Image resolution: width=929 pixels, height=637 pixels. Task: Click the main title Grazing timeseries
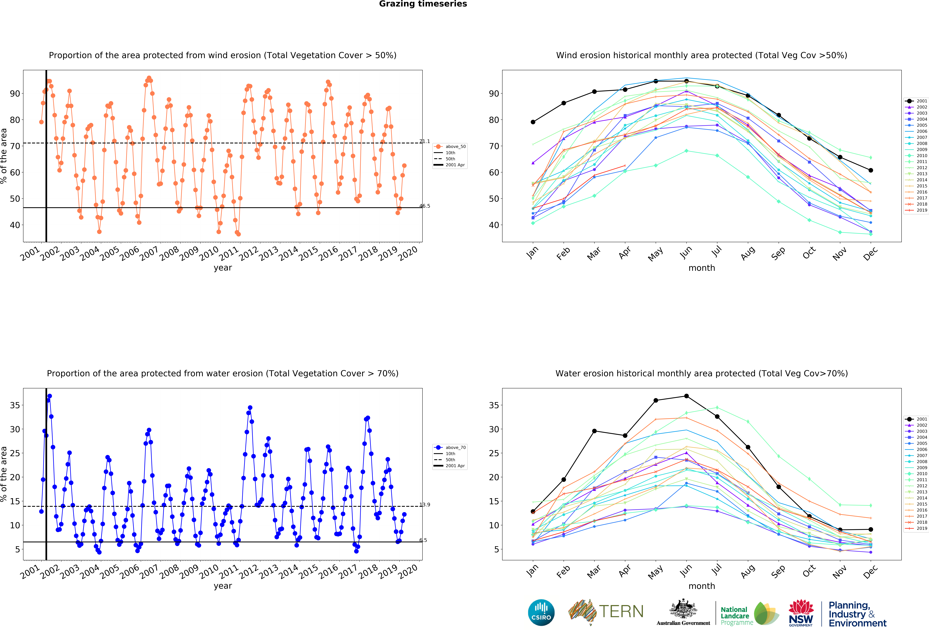point(423,4)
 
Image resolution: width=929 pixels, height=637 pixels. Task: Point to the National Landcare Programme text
point(736,616)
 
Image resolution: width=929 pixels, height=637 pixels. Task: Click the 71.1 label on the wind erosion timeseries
point(425,142)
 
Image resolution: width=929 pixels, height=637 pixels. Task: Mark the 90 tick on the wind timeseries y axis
point(15,94)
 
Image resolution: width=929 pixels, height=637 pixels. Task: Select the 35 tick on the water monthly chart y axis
point(494,405)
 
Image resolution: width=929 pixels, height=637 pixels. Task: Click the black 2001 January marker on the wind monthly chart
point(533,122)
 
